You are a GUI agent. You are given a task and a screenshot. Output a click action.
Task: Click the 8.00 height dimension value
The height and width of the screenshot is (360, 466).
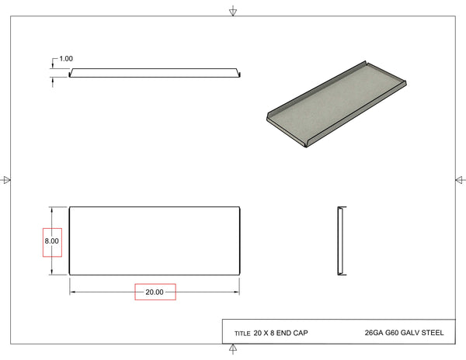pos(51,241)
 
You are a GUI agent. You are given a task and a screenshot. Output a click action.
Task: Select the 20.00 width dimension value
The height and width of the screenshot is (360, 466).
pos(155,292)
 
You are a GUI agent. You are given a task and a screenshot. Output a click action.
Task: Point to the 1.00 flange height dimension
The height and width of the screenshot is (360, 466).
pos(66,59)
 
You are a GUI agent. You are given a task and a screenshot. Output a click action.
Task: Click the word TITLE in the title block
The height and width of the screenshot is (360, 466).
pos(242,334)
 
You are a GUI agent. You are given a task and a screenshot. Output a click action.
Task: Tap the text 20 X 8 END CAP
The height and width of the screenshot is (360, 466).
pos(280,334)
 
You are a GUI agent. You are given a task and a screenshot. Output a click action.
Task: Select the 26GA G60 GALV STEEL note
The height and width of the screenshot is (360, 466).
pos(403,334)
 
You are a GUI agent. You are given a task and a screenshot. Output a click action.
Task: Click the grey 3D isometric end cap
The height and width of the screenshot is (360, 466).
pos(335,104)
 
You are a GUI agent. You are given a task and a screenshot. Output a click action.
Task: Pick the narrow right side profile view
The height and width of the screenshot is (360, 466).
pos(340,241)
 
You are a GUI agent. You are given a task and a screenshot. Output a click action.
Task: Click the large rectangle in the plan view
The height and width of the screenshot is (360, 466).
pos(154,241)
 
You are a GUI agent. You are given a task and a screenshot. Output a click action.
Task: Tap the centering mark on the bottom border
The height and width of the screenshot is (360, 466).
pos(233,348)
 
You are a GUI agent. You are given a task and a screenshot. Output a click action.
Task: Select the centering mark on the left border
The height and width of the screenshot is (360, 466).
pos(7,180)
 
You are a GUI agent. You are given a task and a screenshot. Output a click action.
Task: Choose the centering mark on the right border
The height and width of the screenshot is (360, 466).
pos(458,180)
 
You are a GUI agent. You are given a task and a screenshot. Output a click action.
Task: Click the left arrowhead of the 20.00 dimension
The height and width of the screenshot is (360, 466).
pos(73,292)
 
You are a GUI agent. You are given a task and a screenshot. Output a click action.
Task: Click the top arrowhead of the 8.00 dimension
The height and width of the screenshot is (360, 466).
pos(52,209)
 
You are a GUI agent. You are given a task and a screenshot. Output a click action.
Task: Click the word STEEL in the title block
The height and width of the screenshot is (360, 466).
pos(431,334)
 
